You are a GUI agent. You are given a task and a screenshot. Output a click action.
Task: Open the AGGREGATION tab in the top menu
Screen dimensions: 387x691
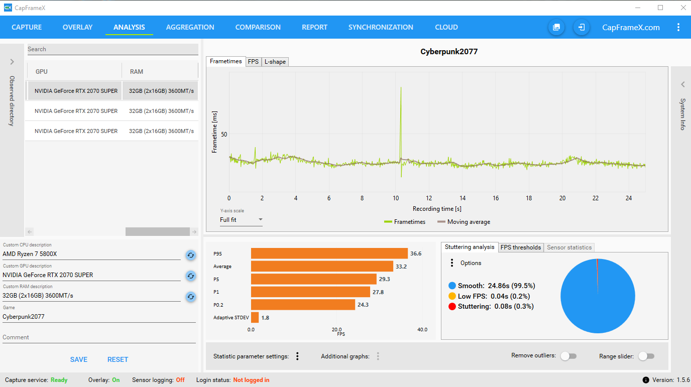(190, 27)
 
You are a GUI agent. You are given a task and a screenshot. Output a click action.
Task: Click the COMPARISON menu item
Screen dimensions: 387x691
(258, 27)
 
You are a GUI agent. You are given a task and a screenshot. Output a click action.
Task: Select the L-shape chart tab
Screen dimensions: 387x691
(275, 62)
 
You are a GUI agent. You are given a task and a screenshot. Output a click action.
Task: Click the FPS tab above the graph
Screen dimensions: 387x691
(253, 62)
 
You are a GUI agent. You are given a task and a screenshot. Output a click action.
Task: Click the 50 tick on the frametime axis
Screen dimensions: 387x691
(224, 134)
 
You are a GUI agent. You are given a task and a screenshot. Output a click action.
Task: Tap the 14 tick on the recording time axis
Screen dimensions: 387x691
(462, 198)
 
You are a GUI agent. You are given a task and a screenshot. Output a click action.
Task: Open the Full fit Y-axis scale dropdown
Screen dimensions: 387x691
(241, 220)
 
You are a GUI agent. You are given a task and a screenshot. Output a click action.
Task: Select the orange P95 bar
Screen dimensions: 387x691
(329, 253)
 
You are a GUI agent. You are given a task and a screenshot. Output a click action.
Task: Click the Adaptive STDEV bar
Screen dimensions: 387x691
(255, 317)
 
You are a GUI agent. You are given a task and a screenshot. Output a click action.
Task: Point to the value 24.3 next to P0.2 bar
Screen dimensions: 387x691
(364, 305)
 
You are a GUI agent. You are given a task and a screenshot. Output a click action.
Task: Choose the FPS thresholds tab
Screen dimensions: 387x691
(520, 247)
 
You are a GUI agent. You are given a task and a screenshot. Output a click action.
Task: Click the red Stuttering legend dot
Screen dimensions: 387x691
(452, 306)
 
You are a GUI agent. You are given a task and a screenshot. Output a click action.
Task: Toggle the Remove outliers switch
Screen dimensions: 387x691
(568, 356)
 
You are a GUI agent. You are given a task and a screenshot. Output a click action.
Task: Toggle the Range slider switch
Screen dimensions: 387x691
(646, 356)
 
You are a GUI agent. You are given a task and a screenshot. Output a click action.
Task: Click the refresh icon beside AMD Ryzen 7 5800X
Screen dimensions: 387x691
(190, 255)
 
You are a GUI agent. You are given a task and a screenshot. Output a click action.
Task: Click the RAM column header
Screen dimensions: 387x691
(137, 71)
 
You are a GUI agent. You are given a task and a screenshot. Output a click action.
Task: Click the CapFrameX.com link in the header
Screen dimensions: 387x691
(631, 27)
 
